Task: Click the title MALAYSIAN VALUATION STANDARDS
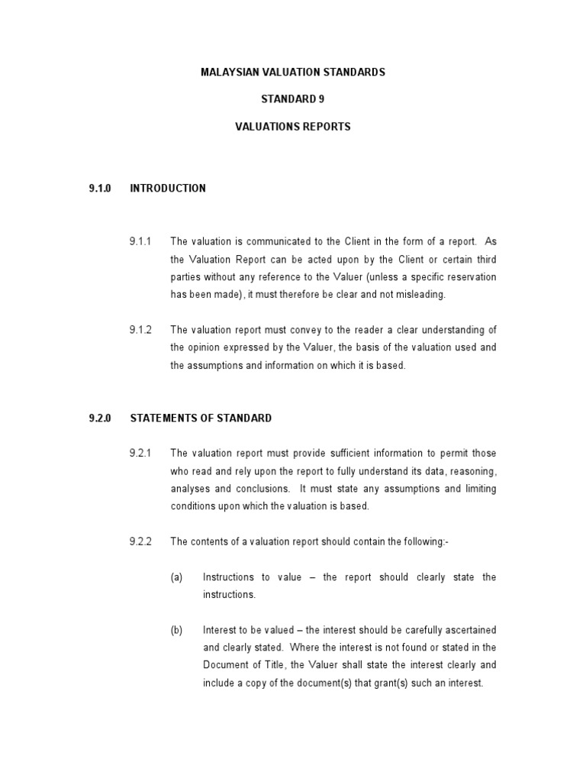click(292, 73)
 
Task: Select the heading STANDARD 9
click(292, 99)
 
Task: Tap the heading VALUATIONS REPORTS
click(292, 127)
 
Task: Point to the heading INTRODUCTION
click(168, 188)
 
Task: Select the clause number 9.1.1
click(140, 242)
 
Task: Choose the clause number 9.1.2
click(140, 330)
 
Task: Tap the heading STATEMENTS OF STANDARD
click(201, 418)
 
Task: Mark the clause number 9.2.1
click(140, 454)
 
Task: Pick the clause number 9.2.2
click(140, 541)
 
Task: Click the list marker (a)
click(176, 577)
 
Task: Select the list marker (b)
click(176, 630)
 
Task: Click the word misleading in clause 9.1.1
click(395, 295)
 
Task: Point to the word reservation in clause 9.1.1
click(470, 277)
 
